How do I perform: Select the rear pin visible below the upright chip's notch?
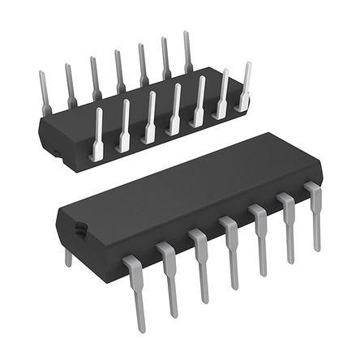67,257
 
